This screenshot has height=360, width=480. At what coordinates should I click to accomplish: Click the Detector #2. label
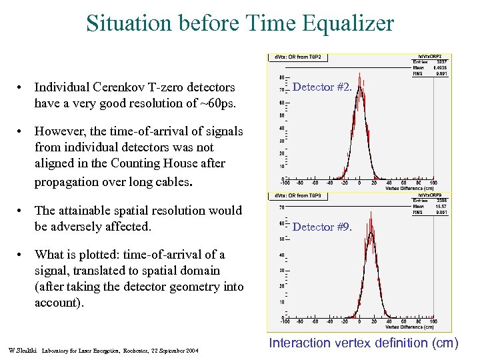pyautogui.click(x=322, y=87)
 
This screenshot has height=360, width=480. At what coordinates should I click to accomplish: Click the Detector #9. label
pyautogui.click(x=322, y=227)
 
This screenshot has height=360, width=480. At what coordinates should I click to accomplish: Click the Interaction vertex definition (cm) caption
pyautogui.click(x=363, y=343)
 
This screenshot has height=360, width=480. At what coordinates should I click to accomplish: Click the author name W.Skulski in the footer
pyautogui.click(x=23, y=350)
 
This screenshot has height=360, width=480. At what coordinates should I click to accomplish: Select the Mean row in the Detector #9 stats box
pyautogui.click(x=431, y=207)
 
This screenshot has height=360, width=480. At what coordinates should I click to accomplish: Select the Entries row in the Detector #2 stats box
pyautogui.click(x=431, y=62)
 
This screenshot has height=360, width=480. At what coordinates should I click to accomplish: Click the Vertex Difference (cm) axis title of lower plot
pyautogui.click(x=410, y=327)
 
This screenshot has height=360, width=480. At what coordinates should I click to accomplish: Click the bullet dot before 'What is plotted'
pyautogui.click(x=22, y=255)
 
